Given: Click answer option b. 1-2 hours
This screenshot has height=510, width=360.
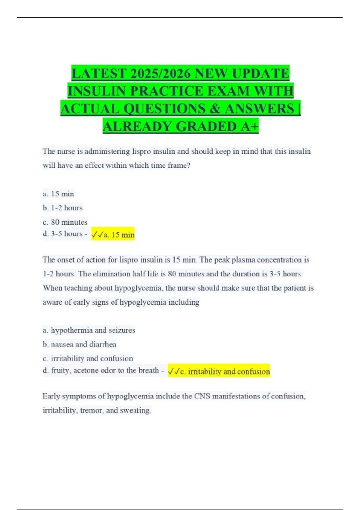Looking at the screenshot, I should (62, 208).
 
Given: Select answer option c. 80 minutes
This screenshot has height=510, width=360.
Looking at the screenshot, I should (65, 222).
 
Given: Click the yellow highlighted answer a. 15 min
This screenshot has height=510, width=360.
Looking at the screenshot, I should (113, 235).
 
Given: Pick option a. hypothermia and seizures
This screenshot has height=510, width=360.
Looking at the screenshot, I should (89, 330).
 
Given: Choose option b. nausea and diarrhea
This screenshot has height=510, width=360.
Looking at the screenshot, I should (79, 344).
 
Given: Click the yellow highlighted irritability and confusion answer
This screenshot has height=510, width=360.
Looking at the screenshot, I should (219, 372).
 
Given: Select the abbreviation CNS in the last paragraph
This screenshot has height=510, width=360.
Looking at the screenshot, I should (202, 396).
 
